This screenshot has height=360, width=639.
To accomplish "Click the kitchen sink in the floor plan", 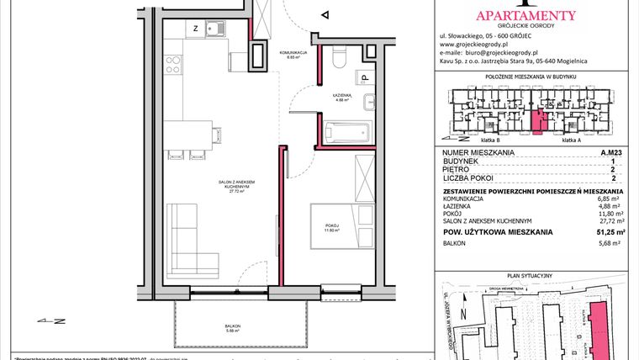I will (x=217, y=31).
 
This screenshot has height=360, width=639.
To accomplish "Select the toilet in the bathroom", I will (x=341, y=59).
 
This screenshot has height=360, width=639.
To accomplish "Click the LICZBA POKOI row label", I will (x=465, y=178).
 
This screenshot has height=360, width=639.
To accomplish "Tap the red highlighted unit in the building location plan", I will (x=540, y=123).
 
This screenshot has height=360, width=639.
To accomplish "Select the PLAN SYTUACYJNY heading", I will (x=531, y=275).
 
